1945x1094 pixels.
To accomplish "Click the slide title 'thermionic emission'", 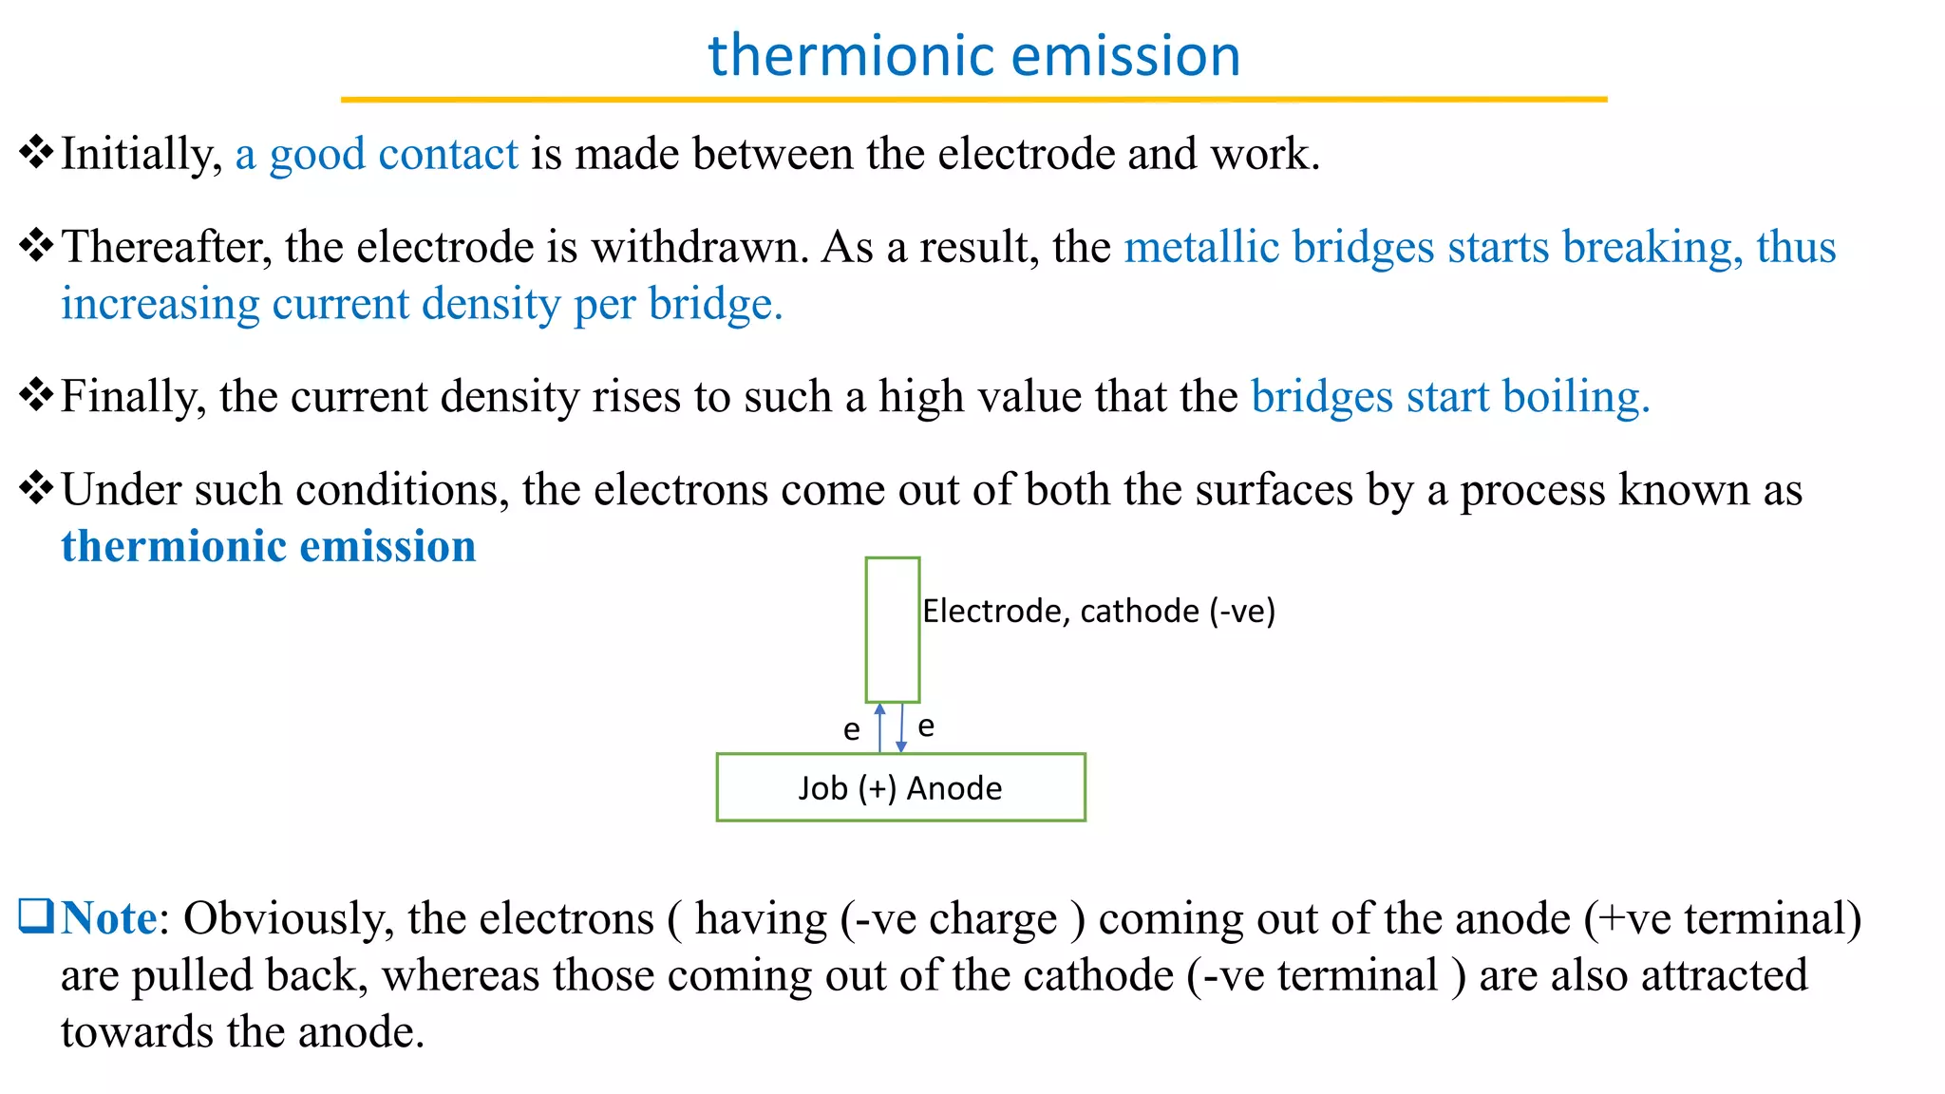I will click(973, 55).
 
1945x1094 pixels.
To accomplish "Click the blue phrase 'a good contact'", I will click(377, 154).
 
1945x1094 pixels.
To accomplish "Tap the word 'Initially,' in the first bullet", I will click(142, 154).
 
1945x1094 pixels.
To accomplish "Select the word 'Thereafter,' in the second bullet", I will click(166, 247).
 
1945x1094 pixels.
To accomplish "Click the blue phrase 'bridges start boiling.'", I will click(1450, 396).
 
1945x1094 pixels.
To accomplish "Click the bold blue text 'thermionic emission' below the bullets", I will click(269, 546).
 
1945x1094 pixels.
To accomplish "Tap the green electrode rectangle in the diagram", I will click(892, 630).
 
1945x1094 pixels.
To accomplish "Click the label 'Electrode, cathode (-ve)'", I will click(1099, 611).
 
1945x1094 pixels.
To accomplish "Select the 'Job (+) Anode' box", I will click(900, 787).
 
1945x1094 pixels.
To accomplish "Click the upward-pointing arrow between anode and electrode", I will click(879, 727).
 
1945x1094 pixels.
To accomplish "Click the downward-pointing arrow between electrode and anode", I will click(901, 727).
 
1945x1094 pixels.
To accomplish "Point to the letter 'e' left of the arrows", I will click(852, 730).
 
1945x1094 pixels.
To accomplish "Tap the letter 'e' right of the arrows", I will click(926, 727).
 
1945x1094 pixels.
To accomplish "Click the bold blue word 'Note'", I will click(109, 918).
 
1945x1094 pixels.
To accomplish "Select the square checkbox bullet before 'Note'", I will click(36, 916).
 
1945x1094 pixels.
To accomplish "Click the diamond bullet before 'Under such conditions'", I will click(36, 488).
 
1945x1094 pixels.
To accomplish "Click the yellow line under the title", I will click(973, 99).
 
